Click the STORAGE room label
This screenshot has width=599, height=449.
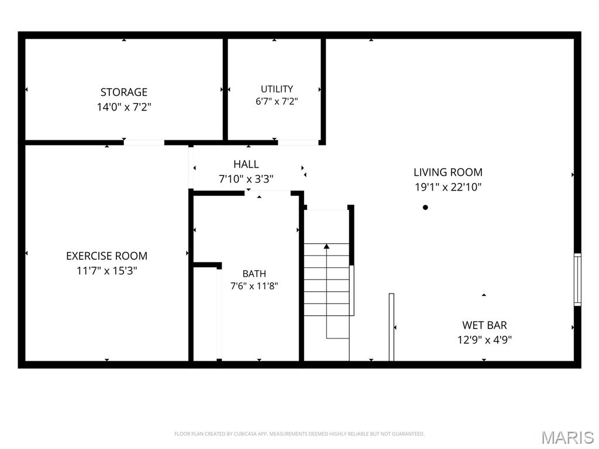click(124, 92)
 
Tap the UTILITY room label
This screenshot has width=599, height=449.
click(277, 89)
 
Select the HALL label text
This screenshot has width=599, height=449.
click(246, 164)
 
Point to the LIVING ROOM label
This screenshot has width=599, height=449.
click(448, 172)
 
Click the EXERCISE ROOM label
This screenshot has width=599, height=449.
click(106, 256)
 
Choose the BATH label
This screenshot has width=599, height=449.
click(254, 274)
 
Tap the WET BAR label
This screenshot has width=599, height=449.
click(484, 325)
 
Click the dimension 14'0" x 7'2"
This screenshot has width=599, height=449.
click(124, 107)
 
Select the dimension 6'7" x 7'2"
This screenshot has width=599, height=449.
click(277, 102)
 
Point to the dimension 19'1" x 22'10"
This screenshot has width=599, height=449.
click(448, 187)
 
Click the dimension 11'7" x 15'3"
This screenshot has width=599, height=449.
click(106, 271)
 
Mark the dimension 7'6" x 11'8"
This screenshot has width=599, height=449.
click(254, 286)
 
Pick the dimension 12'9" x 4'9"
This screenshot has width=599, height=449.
click(484, 340)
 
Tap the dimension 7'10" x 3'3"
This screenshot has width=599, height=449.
click(246, 179)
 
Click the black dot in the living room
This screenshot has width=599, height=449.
click(425, 208)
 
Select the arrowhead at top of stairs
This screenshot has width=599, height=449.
click(326, 246)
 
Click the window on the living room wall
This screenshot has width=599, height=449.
click(577, 279)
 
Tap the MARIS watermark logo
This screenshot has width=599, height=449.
click(567, 437)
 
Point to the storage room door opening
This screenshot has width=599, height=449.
click(144, 143)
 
